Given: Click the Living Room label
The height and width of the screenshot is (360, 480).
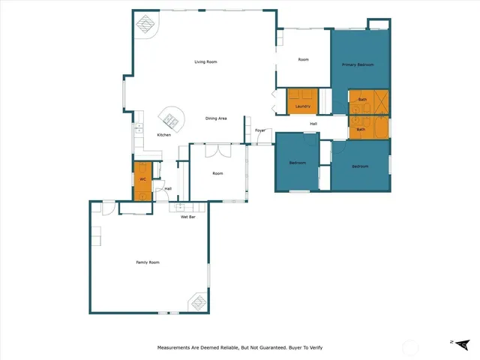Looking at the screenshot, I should click(x=205, y=61).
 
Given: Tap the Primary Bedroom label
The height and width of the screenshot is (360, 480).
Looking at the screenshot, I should click(x=358, y=65).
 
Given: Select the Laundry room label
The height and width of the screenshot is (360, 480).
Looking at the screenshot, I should click(x=303, y=106).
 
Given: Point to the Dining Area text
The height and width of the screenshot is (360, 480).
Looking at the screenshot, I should click(x=217, y=118).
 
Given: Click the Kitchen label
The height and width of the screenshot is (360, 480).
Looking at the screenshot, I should click(x=163, y=135).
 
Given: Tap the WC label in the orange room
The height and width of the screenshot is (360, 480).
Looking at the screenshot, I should click(x=142, y=180).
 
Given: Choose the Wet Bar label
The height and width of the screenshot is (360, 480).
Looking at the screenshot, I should click(x=187, y=217).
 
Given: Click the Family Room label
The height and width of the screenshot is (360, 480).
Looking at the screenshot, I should click(x=148, y=262).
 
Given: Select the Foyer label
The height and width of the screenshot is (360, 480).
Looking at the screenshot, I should click(x=260, y=130).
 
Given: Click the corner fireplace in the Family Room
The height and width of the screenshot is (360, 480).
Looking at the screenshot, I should click(x=198, y=301).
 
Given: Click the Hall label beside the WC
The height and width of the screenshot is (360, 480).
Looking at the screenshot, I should click(x=168, y=188).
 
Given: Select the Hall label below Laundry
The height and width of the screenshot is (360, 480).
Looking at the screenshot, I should click(x=313, y=123).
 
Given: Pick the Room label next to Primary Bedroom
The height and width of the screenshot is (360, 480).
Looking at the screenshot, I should click(x=303, y=59).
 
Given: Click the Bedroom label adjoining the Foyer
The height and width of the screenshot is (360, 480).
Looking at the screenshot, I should click(x=297, y=163).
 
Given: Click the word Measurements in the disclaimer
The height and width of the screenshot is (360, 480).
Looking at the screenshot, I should click(x=176, y=348).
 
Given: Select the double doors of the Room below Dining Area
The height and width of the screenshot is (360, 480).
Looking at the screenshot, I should click(x=217, y=151).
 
